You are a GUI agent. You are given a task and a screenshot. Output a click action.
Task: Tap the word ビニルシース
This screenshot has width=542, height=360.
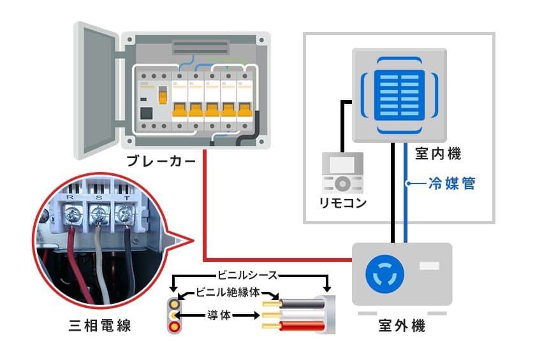248,275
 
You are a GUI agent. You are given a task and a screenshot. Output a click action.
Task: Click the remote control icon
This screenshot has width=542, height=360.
342,173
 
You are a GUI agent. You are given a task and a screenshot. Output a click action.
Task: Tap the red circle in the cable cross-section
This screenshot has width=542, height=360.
173,327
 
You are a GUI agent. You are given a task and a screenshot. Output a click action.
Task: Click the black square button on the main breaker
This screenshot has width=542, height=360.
146,115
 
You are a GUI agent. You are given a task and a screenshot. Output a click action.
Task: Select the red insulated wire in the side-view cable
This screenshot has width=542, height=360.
300,326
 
